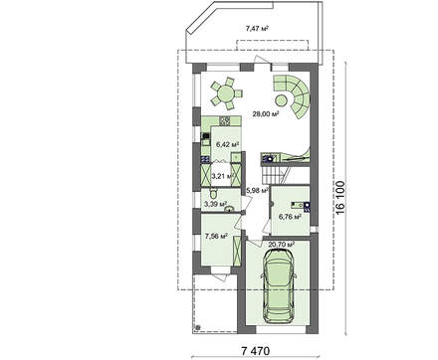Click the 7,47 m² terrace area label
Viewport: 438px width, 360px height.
[x=257, y=29]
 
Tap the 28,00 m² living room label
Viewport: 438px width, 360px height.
[x=265, y=114]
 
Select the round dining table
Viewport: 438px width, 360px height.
[x=226, y=93]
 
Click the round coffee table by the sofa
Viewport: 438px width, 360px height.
[x=281, y=100]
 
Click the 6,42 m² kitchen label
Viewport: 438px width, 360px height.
[x=228, y=144]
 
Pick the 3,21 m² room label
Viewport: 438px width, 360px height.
[x=223, y=176]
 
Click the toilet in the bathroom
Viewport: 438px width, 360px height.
[x=213, y=193]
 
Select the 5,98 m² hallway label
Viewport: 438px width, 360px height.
[x=257, y=191]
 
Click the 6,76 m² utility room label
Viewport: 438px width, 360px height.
[x=290, y=217]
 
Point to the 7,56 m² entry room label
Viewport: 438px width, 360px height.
[x=216, y=237]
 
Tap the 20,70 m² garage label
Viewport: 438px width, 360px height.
[x=282, y=245]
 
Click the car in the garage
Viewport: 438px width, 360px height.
[x=279, y=285]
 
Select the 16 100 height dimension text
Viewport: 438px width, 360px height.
[x=340, y=198]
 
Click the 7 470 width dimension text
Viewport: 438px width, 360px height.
[x=256, y=351]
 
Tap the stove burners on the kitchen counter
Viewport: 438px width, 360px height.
[x=225, y=121]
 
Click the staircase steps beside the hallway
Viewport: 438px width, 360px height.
[x=271, y=175]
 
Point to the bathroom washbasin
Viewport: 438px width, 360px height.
[x=229, y=209]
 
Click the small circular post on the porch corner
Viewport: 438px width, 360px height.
[x=198, y=327]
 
